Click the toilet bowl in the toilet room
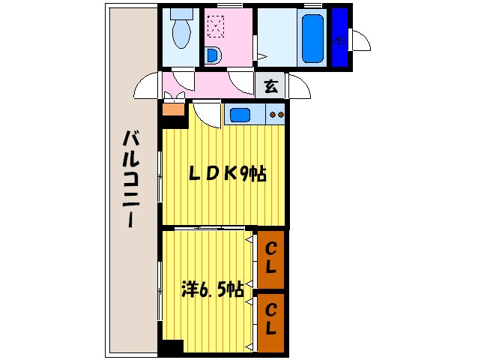coord(181,31)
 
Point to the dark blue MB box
coord(340,37)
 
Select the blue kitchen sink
coord(240,115)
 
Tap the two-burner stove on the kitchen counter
coord(276,115)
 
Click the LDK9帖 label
coord(227,173)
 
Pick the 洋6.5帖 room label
coord(212,289)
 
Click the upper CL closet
coord(270,257)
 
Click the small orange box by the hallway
coord(172,109)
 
